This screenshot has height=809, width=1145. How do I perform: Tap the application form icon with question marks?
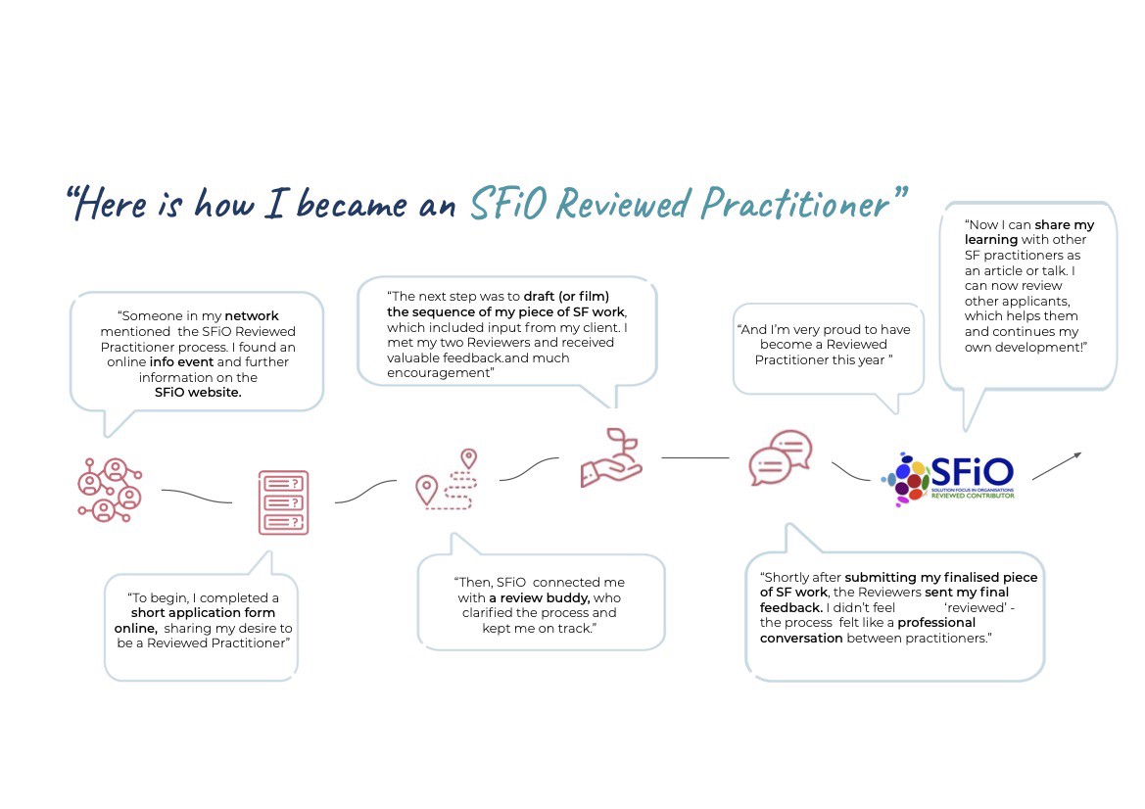[282, 501]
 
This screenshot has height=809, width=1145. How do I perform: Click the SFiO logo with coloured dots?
[949, 477]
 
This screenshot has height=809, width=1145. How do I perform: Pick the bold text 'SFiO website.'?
[197, 392]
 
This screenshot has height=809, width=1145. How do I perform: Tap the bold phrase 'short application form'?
[203, 613]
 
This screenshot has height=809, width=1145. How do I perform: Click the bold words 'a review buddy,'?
[540, 597]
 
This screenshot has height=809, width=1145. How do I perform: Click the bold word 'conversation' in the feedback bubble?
[801, 638]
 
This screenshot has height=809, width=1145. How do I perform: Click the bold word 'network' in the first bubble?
[252, 316]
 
